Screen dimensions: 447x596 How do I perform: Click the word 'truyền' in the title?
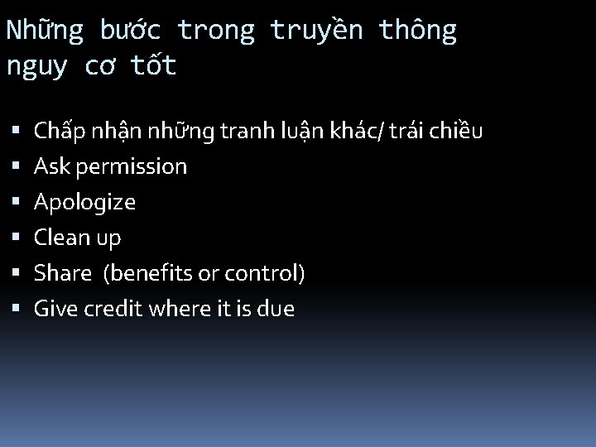(316, 31)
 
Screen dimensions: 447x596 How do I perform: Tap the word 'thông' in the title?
(417, 31)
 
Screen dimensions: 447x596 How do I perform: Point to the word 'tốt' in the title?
(153, 65)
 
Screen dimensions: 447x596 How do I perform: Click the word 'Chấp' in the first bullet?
(56, 131)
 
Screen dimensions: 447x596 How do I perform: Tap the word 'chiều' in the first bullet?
(456, 131)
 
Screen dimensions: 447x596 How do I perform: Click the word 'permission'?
(132, 166)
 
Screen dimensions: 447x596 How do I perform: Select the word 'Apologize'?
(84, 202)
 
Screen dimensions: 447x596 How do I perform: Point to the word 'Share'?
(61, 273)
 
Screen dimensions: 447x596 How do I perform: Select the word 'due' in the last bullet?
(276, 309)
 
